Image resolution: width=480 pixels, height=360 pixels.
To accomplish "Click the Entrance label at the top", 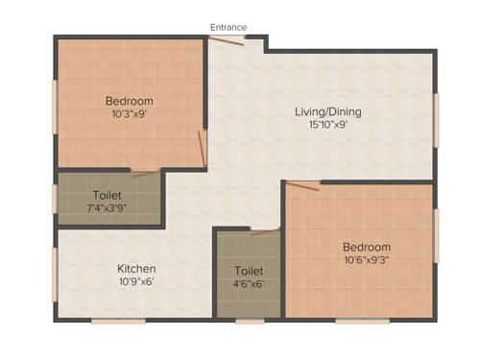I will point(228,27).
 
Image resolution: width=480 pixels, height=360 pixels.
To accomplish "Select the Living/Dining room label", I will point(320,111).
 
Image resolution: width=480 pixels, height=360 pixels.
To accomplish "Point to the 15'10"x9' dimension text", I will point(320,125).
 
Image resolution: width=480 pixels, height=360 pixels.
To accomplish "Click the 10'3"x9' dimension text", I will point(129,113).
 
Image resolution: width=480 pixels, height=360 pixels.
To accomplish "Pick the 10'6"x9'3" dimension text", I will point(367,259).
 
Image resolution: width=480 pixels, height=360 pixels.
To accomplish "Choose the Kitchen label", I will point(136,268).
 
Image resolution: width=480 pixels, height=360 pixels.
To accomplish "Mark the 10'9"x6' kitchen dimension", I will point(136,281).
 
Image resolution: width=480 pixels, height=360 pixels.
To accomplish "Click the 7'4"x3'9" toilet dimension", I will point(107,208).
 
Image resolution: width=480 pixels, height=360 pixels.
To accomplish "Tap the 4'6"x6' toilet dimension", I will point(249,284).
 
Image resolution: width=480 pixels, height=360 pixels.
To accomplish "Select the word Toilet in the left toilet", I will point(107,195).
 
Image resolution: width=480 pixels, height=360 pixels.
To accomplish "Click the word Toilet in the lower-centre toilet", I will point(249,271).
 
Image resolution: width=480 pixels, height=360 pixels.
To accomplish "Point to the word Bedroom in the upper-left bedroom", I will point(129,100).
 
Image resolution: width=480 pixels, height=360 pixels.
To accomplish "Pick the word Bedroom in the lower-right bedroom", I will point(367,246).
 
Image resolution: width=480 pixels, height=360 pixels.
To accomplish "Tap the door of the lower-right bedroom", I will point(301,184).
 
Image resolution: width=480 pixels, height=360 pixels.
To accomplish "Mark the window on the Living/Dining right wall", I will point(436,120).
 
